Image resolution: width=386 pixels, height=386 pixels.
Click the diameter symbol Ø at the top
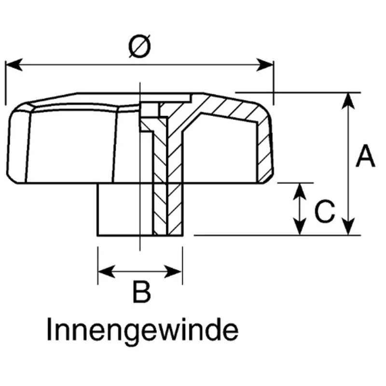pyautogui.click(x=139, y=46)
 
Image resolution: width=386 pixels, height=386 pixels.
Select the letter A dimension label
pyautogui.click(x=366, y=156)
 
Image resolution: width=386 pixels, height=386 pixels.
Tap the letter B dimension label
pyautogui.click(x=141, y=292)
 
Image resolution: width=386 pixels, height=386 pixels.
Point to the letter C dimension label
pyautogui.click(x=325, y=212)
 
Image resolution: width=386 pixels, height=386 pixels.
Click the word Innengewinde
pyautogui.click(x=143, y=331)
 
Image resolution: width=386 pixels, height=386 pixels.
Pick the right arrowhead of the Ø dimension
pyautogui.click(x=265, y=65)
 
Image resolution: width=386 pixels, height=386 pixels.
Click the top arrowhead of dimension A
pyautogui.click(x=348, y=101)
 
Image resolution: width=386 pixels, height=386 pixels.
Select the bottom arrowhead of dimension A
pyautogui.click(x=348, y=227)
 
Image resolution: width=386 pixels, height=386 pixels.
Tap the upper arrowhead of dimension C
pyautogui.click(x=300, y=192)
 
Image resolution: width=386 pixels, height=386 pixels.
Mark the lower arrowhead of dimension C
pyautogui.click(x=300, y=227)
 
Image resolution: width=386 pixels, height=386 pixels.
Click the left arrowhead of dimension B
pyautogui.click(x=107, y=272)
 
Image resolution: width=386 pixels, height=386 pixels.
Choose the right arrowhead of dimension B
pyautogui.click(x=173, y=272)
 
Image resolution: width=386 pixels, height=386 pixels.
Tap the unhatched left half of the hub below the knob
pyautogui.click(x=124, y=209)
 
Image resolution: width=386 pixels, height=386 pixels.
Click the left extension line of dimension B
pyautogui.click(x=98, y=266)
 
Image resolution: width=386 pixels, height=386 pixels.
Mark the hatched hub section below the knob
pyautogui.click(x=168, y=209)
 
